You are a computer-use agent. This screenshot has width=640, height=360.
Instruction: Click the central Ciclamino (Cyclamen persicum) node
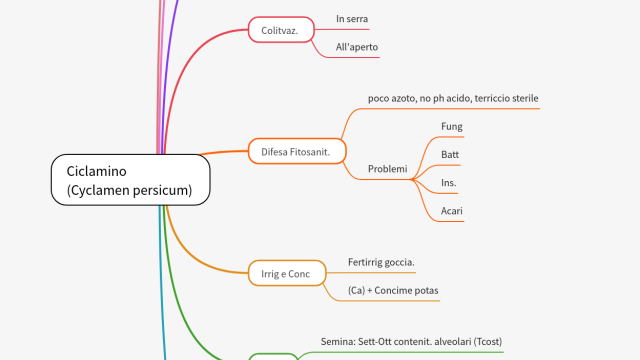pyautogui.click(x=130, y=179)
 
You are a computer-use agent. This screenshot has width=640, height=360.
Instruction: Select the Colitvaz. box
pyautogui.click(x=281, y=30)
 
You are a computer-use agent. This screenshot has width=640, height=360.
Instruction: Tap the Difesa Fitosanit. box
pyautogui.click(x=297, y=151)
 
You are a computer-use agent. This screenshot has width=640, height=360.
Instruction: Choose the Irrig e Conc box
pyautogui.click(x=286, y=273)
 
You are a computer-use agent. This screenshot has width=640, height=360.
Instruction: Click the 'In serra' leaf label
pyautogui.click(x=352, y=19)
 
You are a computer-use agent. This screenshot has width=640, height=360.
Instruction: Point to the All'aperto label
pyautogui.click(x=357, y=47)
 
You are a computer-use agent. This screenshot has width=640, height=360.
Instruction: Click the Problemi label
pyautogui.click(x=387, y=169)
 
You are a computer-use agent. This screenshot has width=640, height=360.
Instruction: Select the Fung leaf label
pyautogui.click(x=451, y=126)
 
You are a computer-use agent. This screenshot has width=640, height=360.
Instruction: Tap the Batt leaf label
pyautogui.click(x=450, y=154)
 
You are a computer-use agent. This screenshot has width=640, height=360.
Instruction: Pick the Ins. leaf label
pyautogui.click(x=448, y=183)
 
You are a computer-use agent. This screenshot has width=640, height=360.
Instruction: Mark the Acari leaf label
pyautogui.click(x=451, y=211)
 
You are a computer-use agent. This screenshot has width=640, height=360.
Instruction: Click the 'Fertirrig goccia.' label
pyautogui.click(x=381, y=262)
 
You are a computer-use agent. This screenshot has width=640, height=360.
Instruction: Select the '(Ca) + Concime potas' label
pyautogui.click(x=393, y=290)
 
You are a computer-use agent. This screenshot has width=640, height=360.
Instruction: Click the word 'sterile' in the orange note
pyautogui.click(x=523, y=98)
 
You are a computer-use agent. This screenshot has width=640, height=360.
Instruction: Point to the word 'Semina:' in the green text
pyautogui.click(x=337, y=341)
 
